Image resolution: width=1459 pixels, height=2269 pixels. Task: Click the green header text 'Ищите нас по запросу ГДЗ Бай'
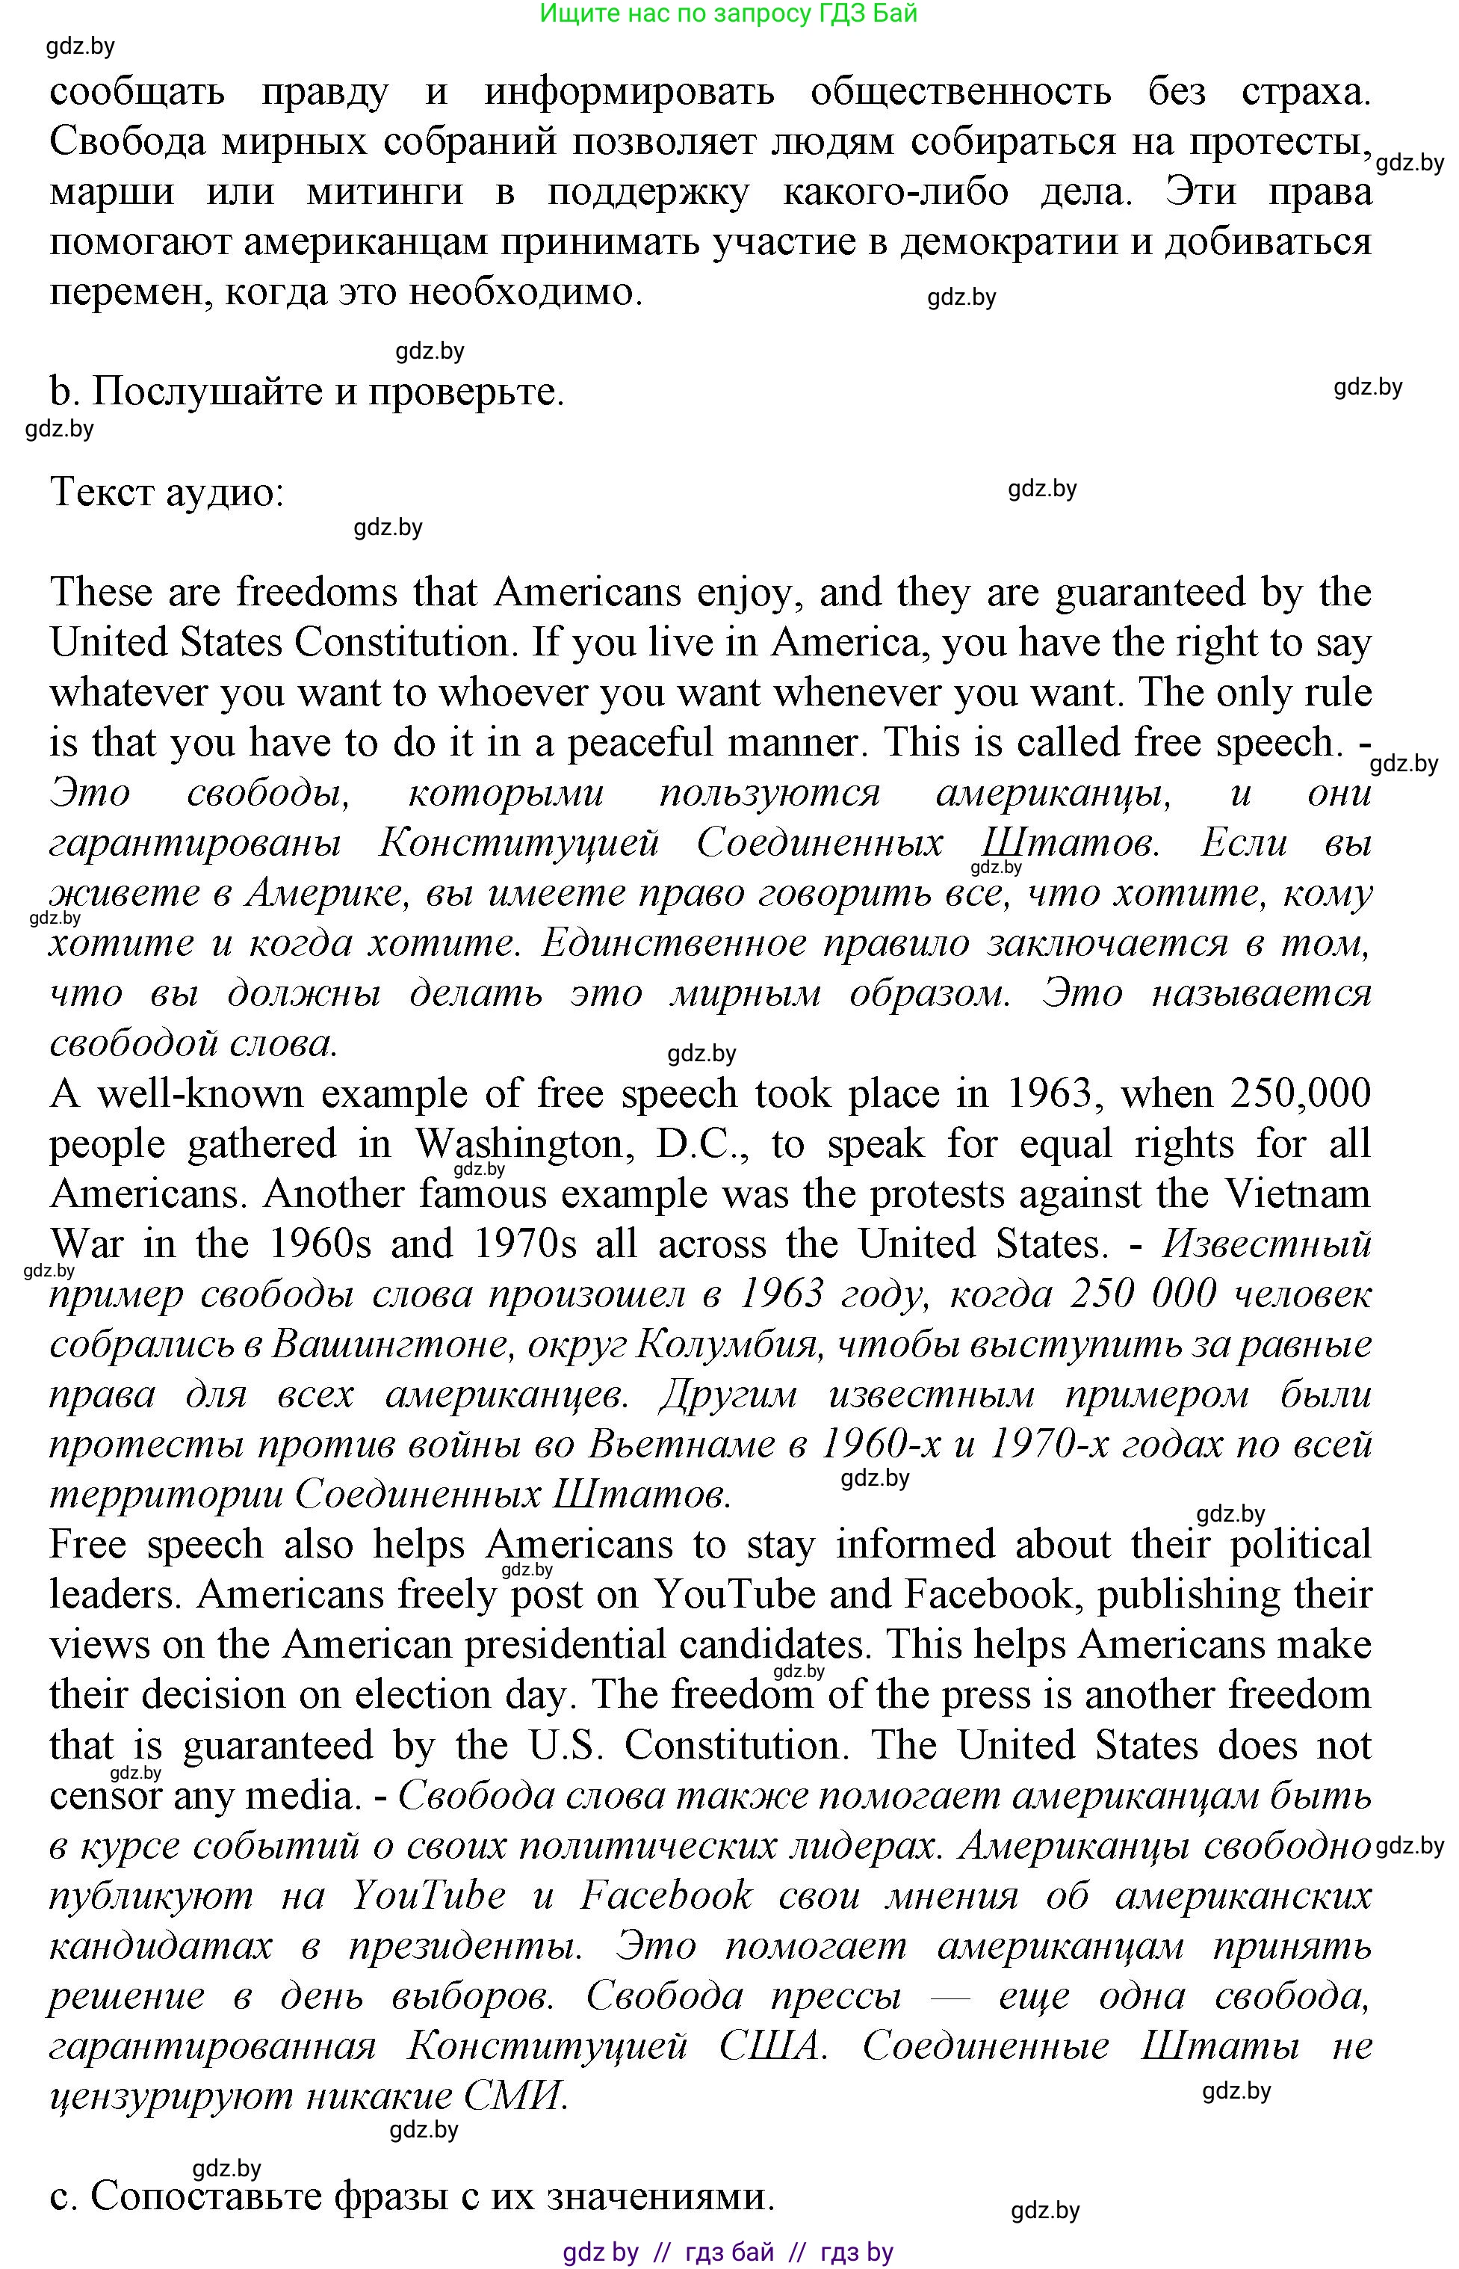[x=728, y=14]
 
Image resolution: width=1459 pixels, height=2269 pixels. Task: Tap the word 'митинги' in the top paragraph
[x=385, y=192]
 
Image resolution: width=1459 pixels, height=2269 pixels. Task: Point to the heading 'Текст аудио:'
[x=167, y=492]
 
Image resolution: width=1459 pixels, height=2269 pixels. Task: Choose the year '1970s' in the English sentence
[x=524, y=1244]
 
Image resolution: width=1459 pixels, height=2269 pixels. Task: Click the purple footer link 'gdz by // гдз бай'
[x=668, y=2253]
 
